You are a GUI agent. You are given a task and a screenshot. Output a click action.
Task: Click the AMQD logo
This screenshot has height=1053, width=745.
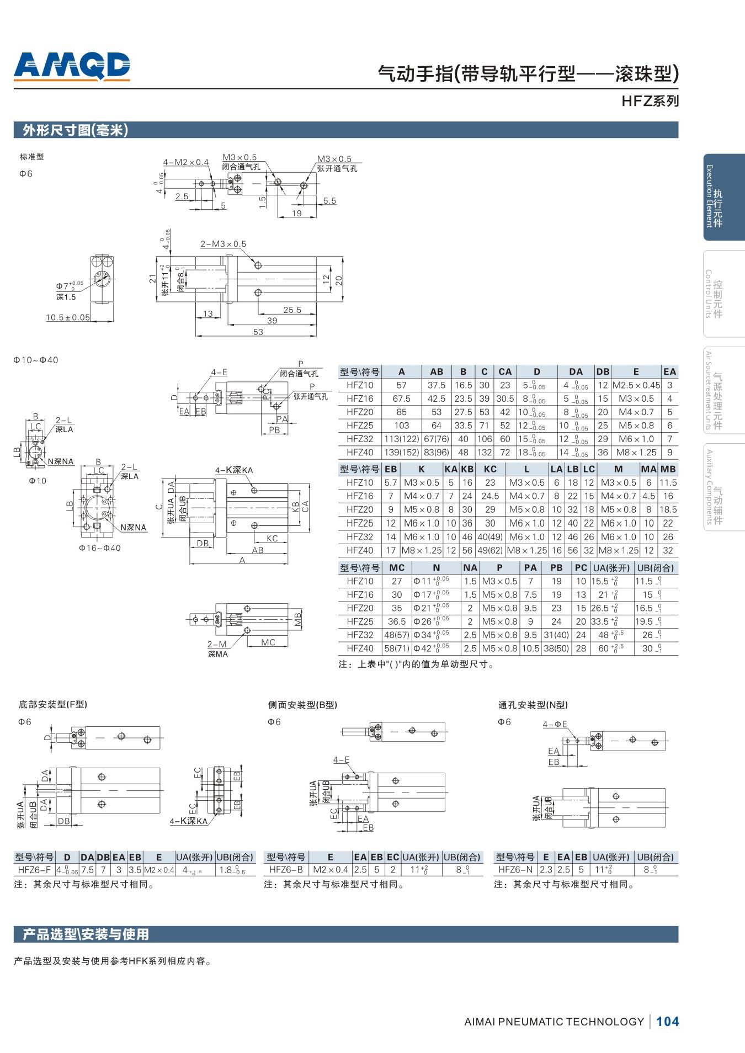coord(72,66)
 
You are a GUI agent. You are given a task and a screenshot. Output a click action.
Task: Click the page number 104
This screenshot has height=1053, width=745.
coord(667,1021)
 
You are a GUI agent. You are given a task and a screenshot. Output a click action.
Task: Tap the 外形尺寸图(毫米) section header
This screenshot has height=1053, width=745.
coord(75,130)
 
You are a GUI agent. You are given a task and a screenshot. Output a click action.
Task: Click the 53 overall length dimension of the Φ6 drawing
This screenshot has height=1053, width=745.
coord(258,332)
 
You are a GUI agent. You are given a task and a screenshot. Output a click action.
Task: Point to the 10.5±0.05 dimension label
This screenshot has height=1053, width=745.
coord(67,317)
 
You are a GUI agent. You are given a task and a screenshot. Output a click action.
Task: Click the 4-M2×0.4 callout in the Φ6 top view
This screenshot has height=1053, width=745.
coord(185,162)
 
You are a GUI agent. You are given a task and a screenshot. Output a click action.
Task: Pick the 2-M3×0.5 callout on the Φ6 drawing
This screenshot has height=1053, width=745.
coord(223,244)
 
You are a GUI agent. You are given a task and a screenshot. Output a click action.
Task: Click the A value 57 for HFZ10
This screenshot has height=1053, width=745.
coord(401,385)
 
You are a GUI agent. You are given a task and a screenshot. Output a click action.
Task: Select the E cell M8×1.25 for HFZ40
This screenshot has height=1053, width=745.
coord(636,453)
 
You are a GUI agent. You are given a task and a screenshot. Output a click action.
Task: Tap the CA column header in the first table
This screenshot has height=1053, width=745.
coord(505,371)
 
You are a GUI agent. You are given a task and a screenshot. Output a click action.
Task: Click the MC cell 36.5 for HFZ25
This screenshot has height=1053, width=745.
coord(397,621)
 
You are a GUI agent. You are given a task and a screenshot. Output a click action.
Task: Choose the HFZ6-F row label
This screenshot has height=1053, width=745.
coord(34,870)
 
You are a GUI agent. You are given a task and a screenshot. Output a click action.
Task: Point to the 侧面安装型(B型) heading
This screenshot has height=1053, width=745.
coord(302,705)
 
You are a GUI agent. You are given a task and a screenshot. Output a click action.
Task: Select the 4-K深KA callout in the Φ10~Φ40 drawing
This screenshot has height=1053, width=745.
coord(233,470)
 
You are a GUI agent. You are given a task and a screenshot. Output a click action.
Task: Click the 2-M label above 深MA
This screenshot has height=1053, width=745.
coord(217,644)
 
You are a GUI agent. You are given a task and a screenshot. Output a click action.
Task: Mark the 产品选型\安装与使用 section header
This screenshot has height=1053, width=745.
coord(86,934)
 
